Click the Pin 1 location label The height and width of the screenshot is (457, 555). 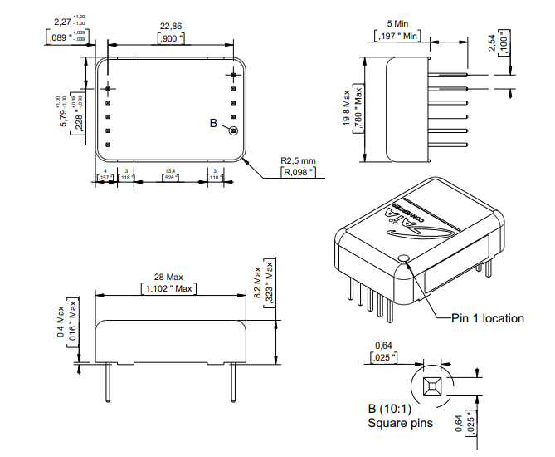[x=487, y=318]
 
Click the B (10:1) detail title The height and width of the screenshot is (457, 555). [x=389, y=409]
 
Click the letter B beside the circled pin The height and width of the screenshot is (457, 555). [x=213, y=123]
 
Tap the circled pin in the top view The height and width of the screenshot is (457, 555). [x=233, y=130]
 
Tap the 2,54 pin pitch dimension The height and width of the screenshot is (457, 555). [x=494, y=43]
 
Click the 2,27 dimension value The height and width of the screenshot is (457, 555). [x=61, y=22]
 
